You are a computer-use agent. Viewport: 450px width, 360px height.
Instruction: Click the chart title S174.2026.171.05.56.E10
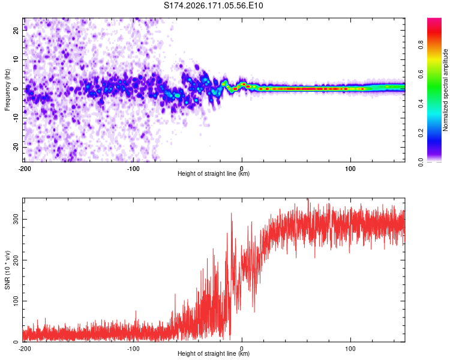[x=213, y=5]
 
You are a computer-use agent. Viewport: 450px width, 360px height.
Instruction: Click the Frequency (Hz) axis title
[x=7, y=90]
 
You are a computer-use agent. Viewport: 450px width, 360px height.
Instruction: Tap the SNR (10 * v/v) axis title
[x=7, y=270]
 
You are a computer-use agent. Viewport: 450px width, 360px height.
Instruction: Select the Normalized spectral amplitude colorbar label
[x=445, y=90]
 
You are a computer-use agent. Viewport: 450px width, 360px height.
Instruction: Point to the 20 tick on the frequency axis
[x=16, y=30]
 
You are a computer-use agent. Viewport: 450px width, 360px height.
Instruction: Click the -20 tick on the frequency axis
[x=16, y=148]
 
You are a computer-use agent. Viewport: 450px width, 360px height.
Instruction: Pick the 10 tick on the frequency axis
[x=16, y=59]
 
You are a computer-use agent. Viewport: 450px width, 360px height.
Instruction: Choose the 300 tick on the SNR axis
[x=16, y=219]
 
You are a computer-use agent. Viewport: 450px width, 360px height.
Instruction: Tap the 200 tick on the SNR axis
[x=16, y=260]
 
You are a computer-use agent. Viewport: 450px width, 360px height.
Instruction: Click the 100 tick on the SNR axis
[x=16, y=301]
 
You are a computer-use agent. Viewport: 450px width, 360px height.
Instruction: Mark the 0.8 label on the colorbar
[x=421, y=45]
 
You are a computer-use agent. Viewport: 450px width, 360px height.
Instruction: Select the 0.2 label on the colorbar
[x=421, y=133]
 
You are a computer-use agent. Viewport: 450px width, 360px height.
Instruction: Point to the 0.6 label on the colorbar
[x=421, y=74]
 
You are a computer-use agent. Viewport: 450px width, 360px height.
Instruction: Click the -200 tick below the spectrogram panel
[x=25, y=169]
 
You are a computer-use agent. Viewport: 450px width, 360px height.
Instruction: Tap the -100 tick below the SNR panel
[x=133, y=349]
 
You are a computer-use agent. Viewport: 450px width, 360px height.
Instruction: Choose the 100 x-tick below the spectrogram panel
[x=350, y=169]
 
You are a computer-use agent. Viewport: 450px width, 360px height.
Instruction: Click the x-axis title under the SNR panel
[x=214, y=353]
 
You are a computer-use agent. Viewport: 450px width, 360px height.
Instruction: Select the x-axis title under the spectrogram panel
[x=214, y=173]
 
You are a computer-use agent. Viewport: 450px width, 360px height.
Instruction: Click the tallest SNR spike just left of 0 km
[x=232, y=214]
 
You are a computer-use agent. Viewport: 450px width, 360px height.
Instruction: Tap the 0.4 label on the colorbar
[x=421, y=104]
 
